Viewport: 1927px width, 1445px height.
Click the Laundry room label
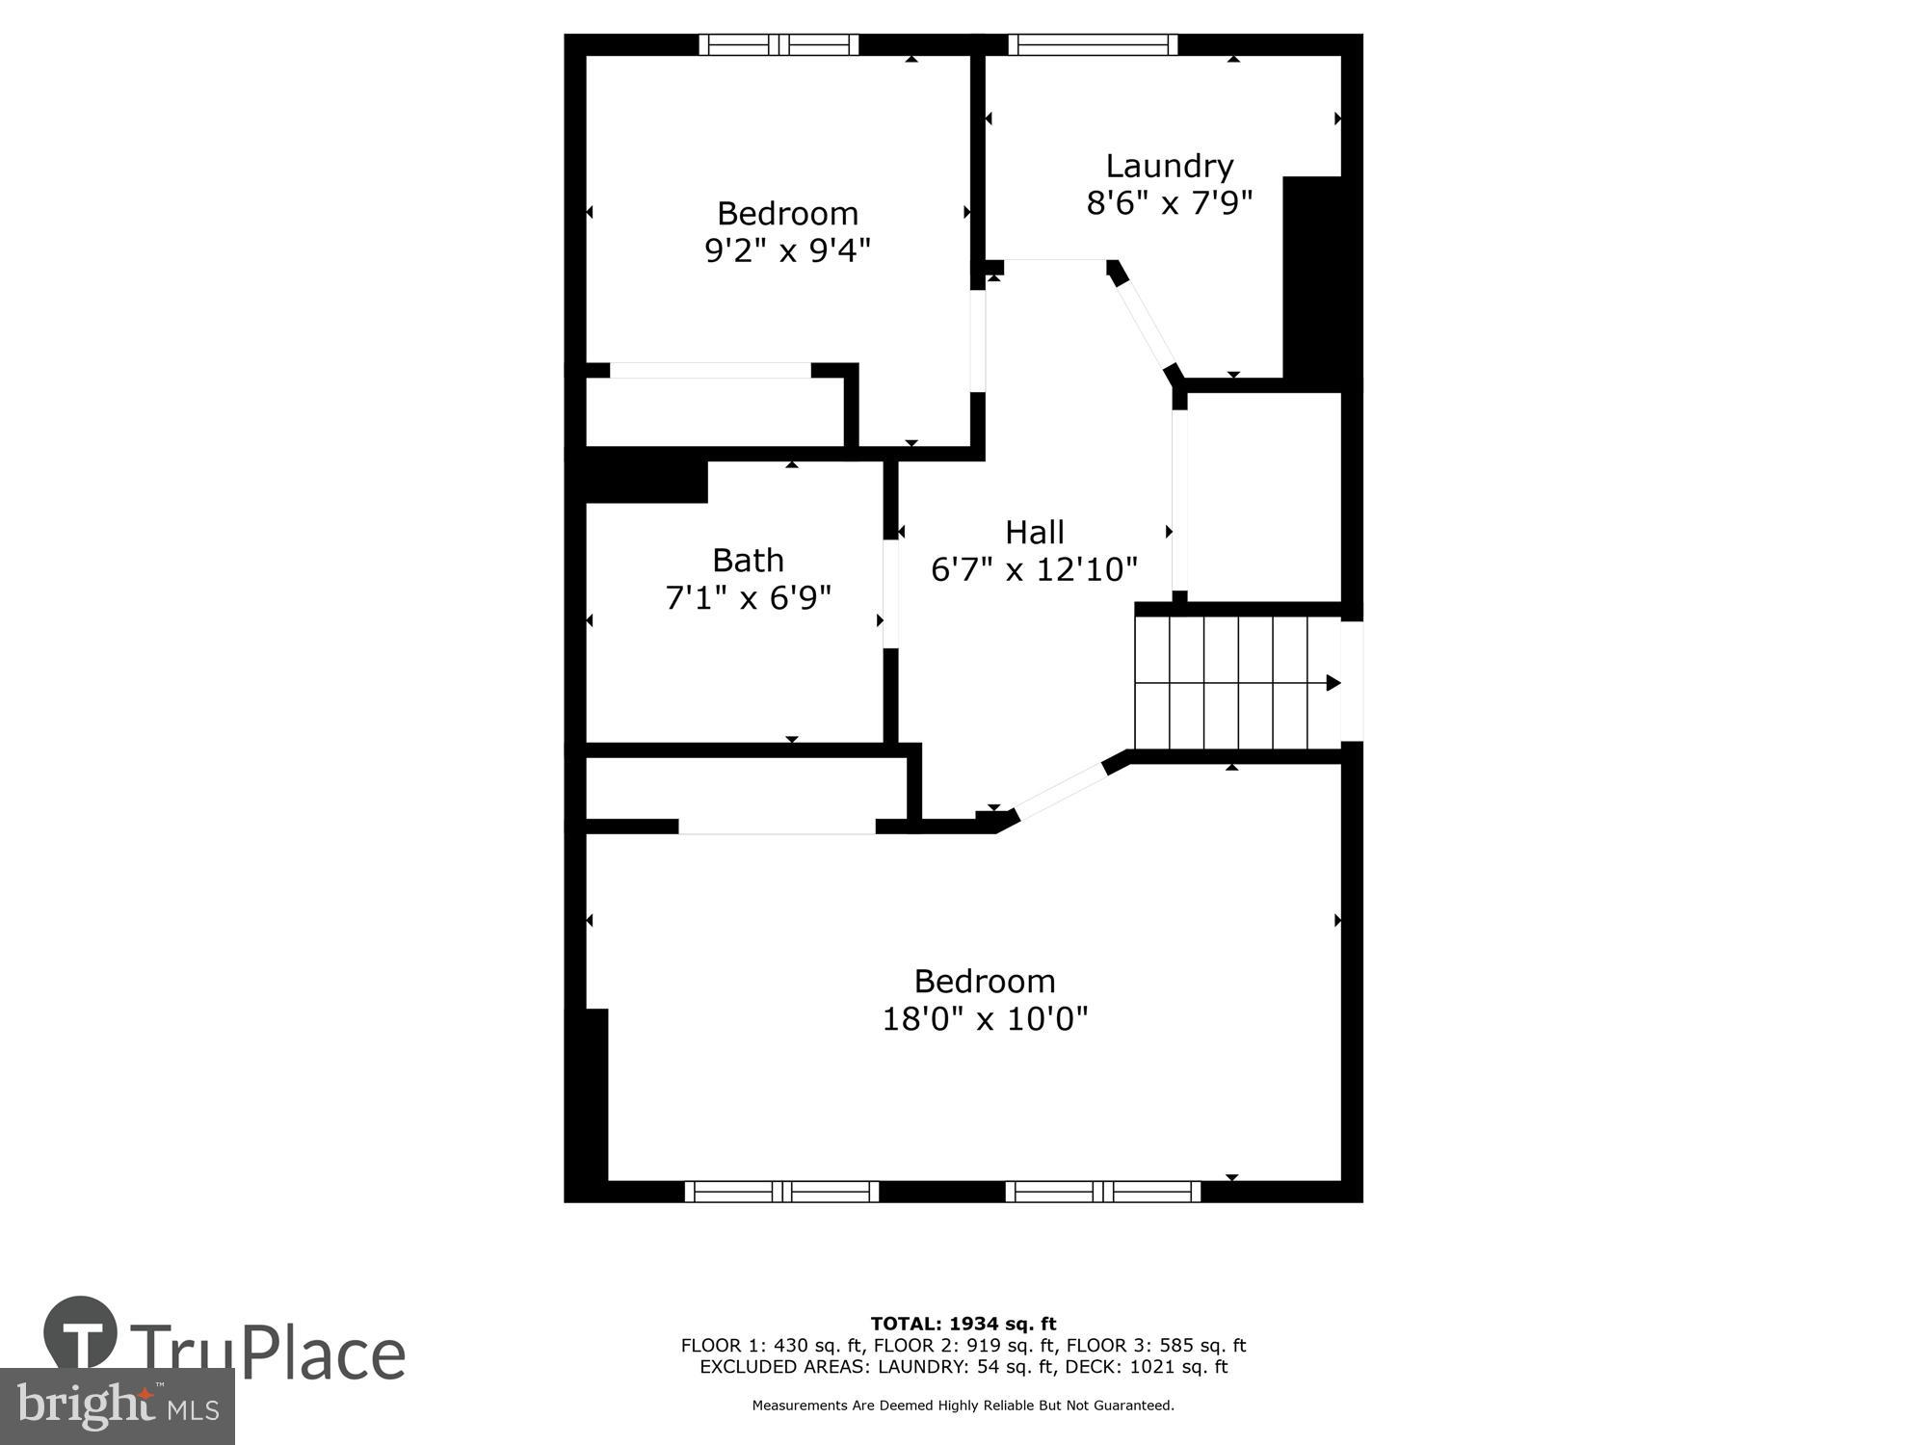(1169, 167)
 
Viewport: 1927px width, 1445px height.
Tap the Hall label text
(1034, 532)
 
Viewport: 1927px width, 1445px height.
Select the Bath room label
(748, 560)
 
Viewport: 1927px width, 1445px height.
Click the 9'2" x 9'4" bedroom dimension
(787, 250)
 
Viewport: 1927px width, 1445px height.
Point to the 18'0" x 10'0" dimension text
(985, 1018)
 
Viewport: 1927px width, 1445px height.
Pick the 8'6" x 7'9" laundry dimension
(1169, 203)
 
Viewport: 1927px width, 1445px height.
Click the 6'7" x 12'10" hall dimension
(1034, 569)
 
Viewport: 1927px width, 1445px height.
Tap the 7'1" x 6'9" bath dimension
(748, 598)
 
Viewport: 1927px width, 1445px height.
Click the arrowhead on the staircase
(1333, 683)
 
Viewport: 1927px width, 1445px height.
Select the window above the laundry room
(1093, 44)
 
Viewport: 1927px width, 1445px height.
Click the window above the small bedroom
(779, 44)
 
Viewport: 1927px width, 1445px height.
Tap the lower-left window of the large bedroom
(781, 1192)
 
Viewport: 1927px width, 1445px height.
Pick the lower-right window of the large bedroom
(1103, 1192)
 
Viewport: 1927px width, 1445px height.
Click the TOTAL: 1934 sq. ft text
(963, 1324)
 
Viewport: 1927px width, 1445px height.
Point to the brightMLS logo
(117, 1406)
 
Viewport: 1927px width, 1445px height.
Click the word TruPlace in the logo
(268, 1353)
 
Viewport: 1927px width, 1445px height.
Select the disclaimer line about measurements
(963, 1406)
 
